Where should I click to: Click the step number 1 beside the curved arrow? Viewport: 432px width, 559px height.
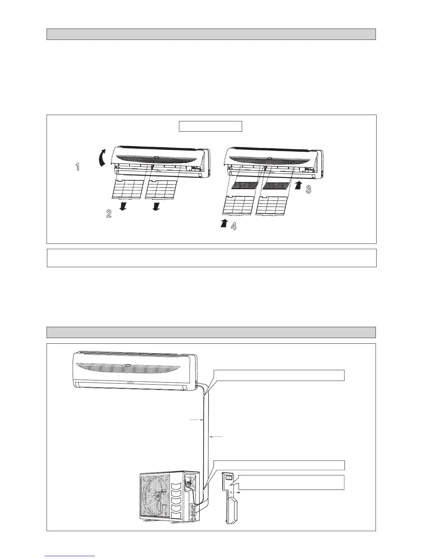tap(78, 167)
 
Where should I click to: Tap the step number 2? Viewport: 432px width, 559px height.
tap(109, 213)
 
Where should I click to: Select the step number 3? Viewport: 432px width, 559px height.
tap(308, 190)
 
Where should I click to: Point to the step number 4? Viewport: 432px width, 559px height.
tap(233, 226)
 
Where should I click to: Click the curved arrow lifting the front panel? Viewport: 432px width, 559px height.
tap(102, 157)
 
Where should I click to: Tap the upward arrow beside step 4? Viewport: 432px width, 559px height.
tap(223, 223)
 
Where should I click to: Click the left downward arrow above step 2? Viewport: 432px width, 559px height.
tap(123, 206)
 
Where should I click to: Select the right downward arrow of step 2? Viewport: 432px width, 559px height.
tap(156, 206)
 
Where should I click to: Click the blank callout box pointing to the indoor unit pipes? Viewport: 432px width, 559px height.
tap(278, 375)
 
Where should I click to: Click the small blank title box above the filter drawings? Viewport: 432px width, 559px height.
tap(210, 126)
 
